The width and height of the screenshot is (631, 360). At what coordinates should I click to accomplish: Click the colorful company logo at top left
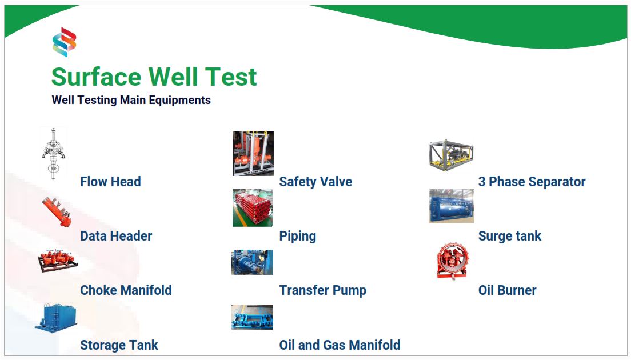tap(65, 42)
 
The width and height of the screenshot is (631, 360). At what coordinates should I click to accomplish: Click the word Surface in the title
tap(97, 77)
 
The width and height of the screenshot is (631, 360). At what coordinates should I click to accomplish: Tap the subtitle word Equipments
tap(179, 100)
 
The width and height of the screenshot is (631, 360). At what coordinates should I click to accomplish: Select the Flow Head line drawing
tap(54, 153)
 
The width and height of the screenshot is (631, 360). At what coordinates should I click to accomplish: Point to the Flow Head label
tap(110, 181)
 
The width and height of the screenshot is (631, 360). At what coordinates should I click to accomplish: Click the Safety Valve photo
tap(253, 153)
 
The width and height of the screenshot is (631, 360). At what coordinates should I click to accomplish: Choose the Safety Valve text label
tap(315, 182)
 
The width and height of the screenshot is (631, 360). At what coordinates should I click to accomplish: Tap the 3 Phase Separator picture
tap(451, 155)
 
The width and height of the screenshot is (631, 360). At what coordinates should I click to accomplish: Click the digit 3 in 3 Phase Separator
tap(481, 181)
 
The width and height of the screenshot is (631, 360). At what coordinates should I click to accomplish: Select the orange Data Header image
tap(57, 212)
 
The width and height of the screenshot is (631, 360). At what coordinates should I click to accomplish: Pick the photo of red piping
tap(252, 208)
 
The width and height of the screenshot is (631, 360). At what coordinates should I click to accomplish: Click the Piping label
tap(297, 236)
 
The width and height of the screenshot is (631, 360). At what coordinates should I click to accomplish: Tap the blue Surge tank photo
tap(452, 206)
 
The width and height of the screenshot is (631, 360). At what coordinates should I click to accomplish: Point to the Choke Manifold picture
tap(58, 261)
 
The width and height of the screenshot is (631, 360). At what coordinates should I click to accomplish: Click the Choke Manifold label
tap(126, 290)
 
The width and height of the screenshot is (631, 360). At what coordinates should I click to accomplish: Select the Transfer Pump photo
tap(252, 262)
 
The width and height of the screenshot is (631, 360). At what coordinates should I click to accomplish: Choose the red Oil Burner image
tap(453, 261)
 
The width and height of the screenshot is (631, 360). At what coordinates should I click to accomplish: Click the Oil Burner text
tap(507, 290)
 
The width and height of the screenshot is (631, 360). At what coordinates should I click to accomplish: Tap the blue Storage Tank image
tap(55, 318)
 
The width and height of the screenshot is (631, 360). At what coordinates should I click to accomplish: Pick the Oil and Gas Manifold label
tap(340, 345)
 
